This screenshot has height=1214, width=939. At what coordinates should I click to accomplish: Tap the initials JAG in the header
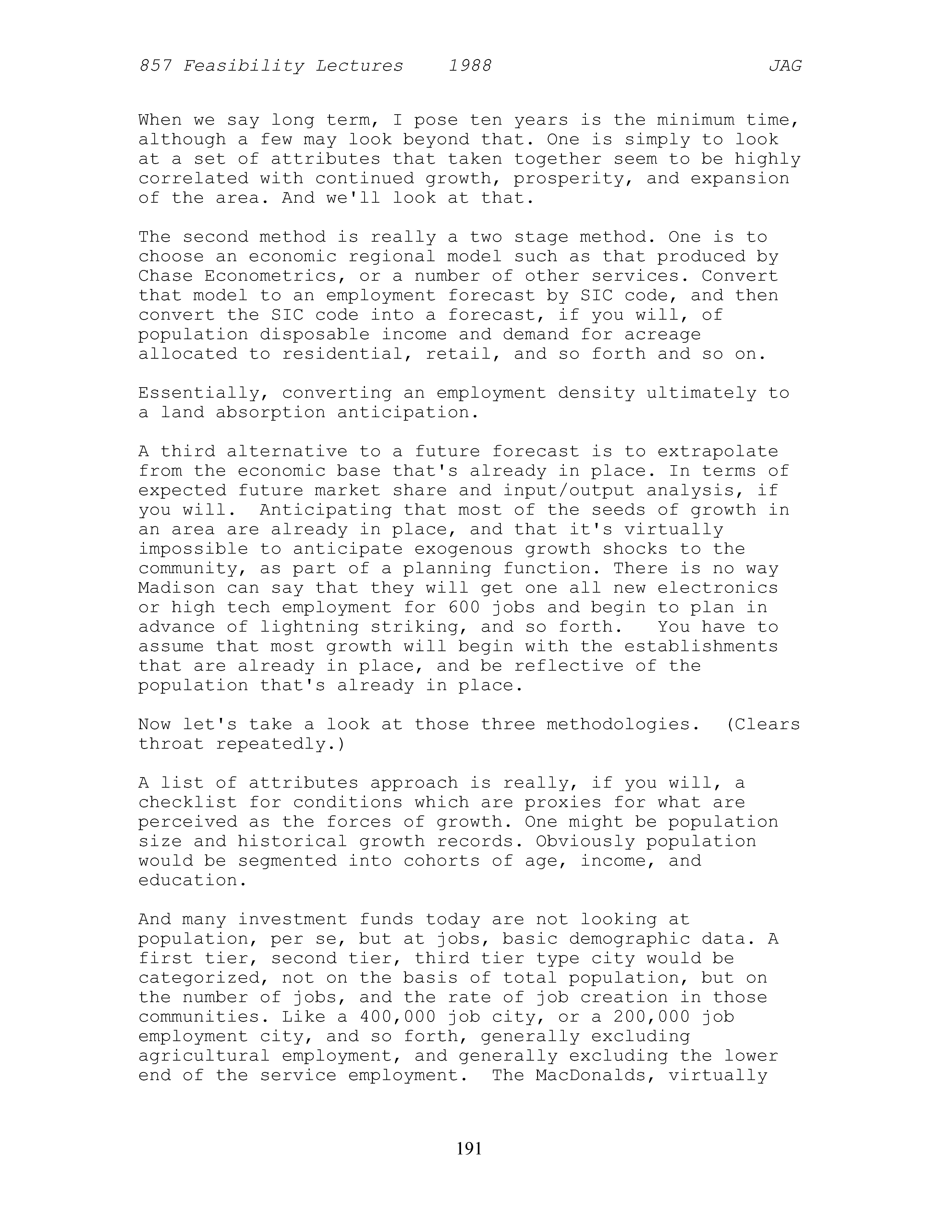click(x=785, y=66)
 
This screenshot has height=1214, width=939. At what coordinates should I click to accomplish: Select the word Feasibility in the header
click(x=243, y=66)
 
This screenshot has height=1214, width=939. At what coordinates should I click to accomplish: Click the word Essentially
click(x=204, y=394)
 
